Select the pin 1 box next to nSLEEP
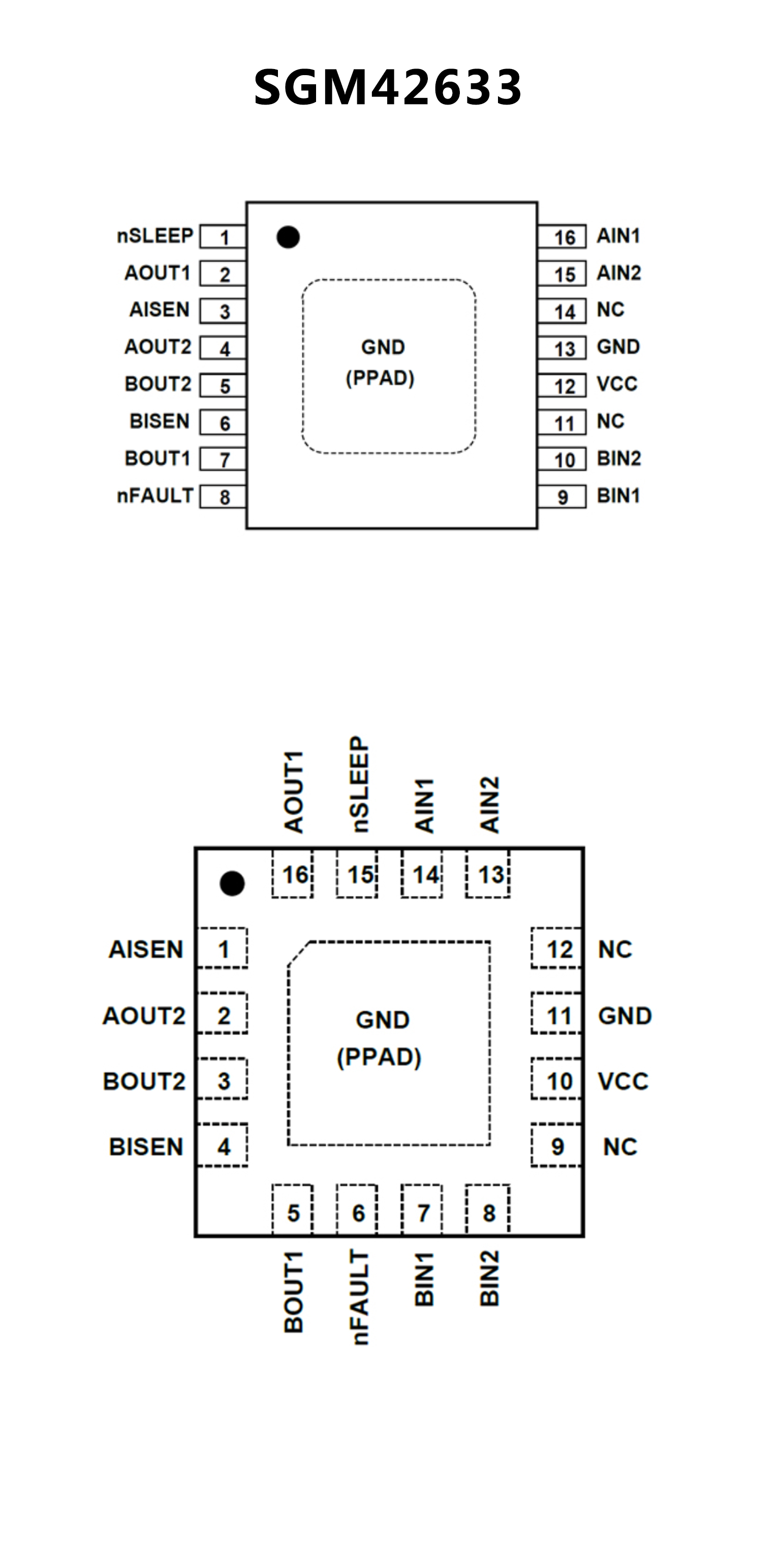(x=223, y=237)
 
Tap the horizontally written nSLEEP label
(x=155, y=236)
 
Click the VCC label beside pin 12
(x=617, y=384)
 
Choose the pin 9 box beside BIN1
(x=563, y=497)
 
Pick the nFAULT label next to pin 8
(x=155, y=495)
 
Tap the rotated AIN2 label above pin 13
(x=489, y=805)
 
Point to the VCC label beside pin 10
(x=622, y=1081)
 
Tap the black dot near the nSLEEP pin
(x=288, y=237)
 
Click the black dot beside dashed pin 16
(x=232, y=884)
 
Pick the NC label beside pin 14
(x=610, y=310)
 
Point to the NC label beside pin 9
(x=620, y=1147)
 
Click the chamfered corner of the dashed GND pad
(x=298, y=954)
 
